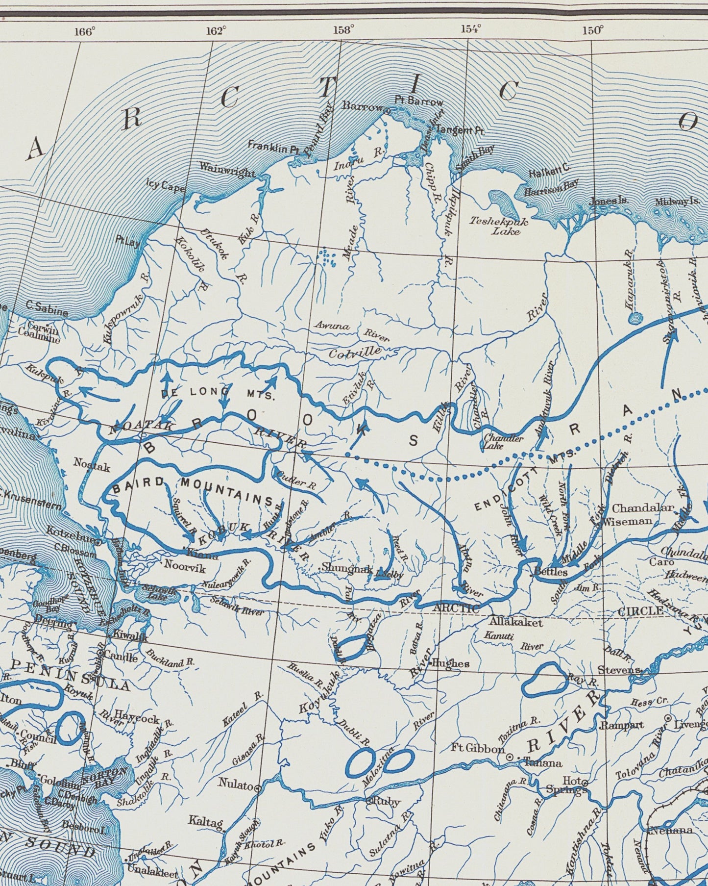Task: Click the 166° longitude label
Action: click(85, 32)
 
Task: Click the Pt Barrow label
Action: click(419, 101)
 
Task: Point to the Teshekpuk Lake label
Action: click(499, 226)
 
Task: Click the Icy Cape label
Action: click(166, 186)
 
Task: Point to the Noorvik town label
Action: click(185, 564)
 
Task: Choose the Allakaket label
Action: click(516, 622)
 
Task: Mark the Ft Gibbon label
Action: click(478, 749)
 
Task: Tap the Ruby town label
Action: click(387, 802)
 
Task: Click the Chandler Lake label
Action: click(503, 443)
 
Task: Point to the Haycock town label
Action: click(137, 719)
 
